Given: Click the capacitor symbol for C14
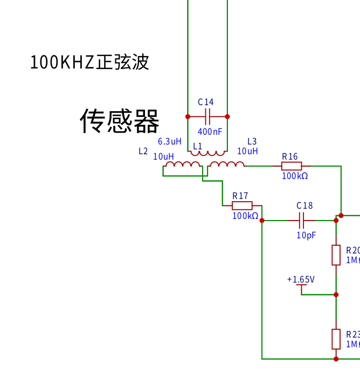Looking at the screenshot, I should point(207,116).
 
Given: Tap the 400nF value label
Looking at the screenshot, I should point(210,132).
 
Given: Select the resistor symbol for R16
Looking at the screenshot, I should point(292,166).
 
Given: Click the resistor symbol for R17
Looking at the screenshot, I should point(242,205).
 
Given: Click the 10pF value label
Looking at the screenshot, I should point(306,235).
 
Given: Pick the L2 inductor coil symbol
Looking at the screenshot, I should point(183,164).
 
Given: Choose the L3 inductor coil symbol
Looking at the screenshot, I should point(226,164).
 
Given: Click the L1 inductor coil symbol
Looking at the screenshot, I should point(207,153).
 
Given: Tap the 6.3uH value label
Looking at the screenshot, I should point(169,142).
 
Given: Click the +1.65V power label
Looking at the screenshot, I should point(301,280).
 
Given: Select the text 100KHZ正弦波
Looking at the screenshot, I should point(89,63).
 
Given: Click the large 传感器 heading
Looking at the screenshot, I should point(120,121).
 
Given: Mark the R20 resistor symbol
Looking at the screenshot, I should point(336,255).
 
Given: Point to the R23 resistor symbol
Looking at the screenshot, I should point(336,339).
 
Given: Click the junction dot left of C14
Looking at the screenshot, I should point(188,116).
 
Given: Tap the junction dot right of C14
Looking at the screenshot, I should point(227,116).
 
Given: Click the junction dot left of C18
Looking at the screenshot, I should point(262,220).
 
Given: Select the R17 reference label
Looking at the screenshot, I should point(240,196).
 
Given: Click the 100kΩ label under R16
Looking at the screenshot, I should point(295,176).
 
